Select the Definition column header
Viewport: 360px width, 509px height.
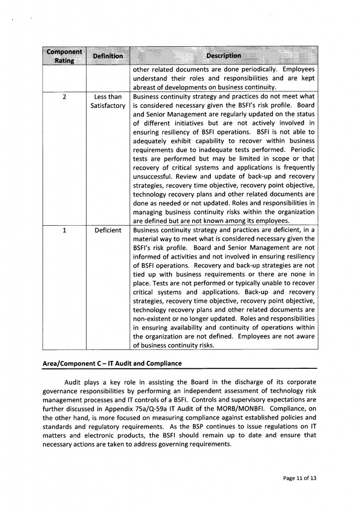pos(107,56)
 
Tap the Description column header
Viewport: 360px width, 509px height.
pos(223,56)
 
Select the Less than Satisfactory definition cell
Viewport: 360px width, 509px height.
pos(107,101)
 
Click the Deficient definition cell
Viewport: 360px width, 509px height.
pos(107,231)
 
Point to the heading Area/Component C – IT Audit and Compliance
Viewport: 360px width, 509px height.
pos(112,363)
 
